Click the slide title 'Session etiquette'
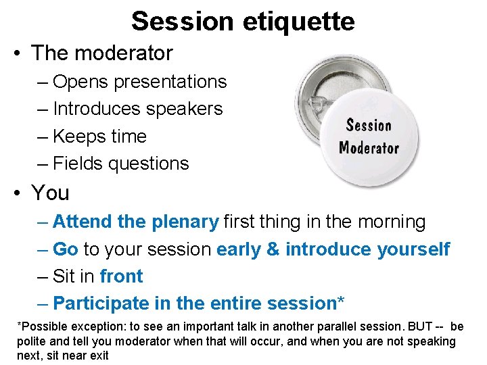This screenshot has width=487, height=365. [243, 21]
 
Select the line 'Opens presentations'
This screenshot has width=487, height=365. [139, 82]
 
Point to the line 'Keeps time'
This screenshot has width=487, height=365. [99, 136]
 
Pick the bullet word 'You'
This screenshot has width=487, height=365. [50, 193]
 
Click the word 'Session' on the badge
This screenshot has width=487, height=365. [369, 125]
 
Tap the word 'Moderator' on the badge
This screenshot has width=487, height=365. [369, 147]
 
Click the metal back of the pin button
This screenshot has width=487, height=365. [318, 88]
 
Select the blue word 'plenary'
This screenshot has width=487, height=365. [185, 222]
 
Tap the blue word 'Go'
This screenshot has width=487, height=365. [66, 249]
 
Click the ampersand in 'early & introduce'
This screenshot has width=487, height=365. [273, 249]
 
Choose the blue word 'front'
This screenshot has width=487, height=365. [121, 276]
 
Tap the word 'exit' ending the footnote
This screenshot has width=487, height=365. [97, 356]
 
